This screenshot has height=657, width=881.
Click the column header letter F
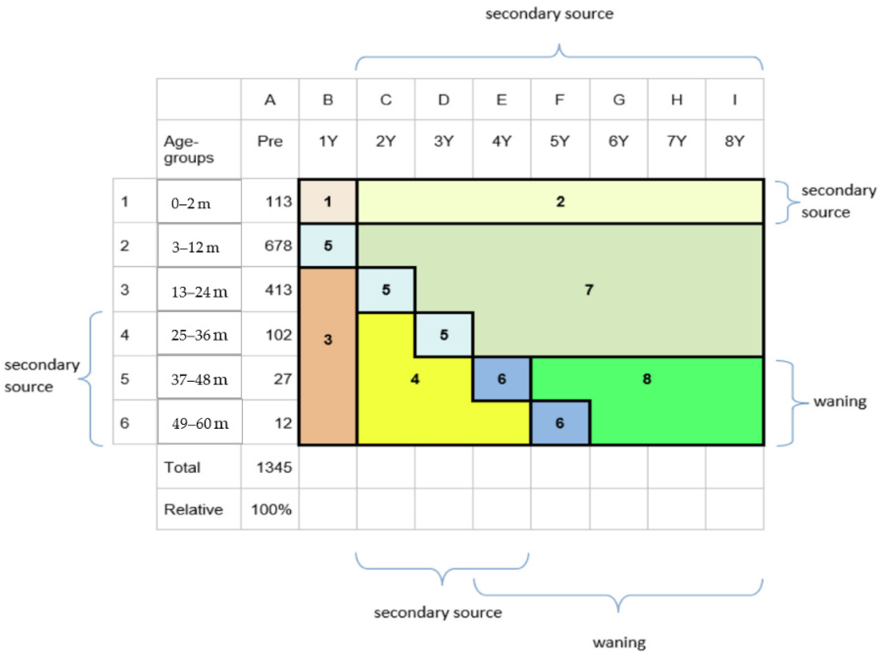click(559, 100)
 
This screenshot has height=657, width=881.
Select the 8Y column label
click(734, 141)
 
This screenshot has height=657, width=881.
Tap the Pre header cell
click(270, 141)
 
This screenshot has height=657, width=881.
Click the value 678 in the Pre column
click(278, 246)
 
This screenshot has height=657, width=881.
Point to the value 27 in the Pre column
click(282, 379)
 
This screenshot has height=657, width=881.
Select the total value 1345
click(274, 467)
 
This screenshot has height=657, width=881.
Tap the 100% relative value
click(271, 509)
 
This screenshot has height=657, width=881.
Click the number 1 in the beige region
click(328, 202)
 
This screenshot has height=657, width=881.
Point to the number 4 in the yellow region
click(415, 379)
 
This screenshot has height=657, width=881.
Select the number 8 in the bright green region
click(647, 379)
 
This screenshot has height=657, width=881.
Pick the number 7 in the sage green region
click(589, 289)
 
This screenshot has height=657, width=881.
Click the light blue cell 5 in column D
click(444, 334)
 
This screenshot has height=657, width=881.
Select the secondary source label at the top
click(549, 14)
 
